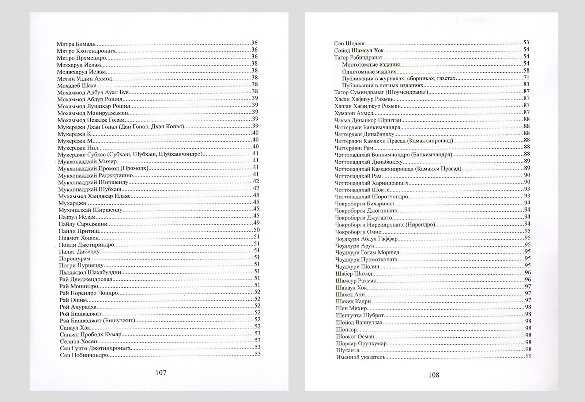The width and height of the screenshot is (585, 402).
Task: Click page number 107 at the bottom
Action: pos(161,372)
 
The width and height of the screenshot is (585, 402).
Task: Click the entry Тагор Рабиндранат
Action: pos(358,57)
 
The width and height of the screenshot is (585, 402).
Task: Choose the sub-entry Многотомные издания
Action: pos(371,64)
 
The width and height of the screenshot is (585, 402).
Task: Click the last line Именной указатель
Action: pos(361,357)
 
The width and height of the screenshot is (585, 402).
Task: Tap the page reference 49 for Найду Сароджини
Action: pos(256,223)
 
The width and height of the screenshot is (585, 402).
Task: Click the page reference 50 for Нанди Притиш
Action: pos(256,230)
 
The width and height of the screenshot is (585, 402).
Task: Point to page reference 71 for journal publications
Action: pos(526,78)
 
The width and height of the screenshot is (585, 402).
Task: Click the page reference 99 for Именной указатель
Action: pos(528,357)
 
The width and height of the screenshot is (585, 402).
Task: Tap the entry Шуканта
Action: pos(346,350)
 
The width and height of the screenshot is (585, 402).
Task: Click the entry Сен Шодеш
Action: pos(351,43)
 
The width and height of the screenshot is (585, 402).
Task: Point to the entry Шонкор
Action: pos(346,329)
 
